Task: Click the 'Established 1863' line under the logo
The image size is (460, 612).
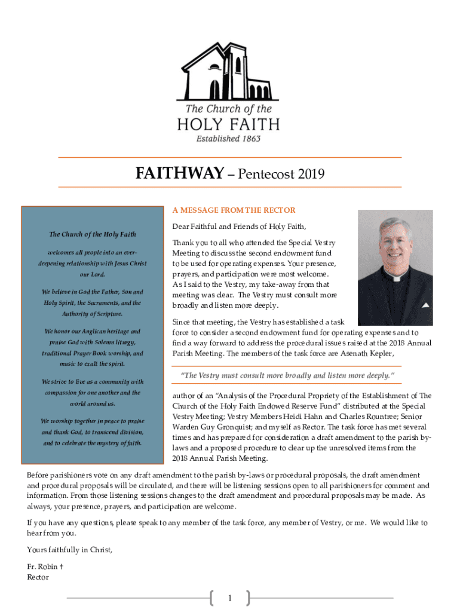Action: coord(228,139)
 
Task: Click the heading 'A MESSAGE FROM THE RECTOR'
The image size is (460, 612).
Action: coord(234,210)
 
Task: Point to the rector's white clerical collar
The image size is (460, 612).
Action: coord(395,277)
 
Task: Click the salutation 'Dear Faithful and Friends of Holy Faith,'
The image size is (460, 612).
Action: coord(239,227)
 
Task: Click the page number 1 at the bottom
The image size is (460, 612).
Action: coord(230,598)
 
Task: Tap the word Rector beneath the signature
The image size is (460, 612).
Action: coord(38,577)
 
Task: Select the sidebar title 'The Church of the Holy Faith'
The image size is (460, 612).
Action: coord(93,234)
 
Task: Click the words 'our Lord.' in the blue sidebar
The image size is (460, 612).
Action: coord(93,274)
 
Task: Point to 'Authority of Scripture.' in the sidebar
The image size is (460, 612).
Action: coord(93,314)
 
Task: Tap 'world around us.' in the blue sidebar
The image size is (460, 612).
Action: coord(93,403)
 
